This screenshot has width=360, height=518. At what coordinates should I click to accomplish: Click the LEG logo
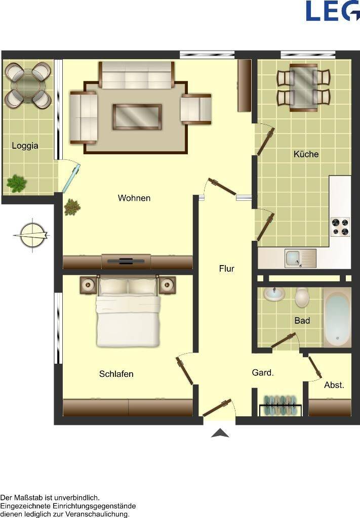coord(333,11)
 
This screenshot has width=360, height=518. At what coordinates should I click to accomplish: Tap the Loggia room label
coord(25,146)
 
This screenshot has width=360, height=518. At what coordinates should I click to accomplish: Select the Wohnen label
coord(134,198)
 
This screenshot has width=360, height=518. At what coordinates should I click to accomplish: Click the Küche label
coord(306,154)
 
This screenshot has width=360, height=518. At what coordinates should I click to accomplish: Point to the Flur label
coord(227,269)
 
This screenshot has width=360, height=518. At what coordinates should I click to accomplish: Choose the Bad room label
coord(302,320)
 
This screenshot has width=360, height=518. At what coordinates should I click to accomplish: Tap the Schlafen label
coord(116,374)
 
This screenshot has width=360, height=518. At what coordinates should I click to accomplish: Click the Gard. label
coord(263,373)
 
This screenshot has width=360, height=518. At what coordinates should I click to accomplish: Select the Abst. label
coord(334,385)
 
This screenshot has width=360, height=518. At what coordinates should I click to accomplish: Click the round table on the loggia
coord(28,84)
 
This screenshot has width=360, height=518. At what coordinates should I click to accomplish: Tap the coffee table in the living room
coord(137,117)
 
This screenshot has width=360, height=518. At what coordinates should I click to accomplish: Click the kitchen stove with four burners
coord(340,227)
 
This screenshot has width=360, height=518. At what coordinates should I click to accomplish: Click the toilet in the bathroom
coord(302,297)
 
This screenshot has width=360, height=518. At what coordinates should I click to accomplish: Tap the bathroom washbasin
coord(274,294)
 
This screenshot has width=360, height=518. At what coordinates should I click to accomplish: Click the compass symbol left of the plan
coord(32,235)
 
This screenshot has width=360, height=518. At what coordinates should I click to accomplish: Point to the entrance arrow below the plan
coord(220,433)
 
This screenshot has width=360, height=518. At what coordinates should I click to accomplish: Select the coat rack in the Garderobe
coord(280,405)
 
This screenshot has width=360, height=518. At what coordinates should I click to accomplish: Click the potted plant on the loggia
coord(16,184)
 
